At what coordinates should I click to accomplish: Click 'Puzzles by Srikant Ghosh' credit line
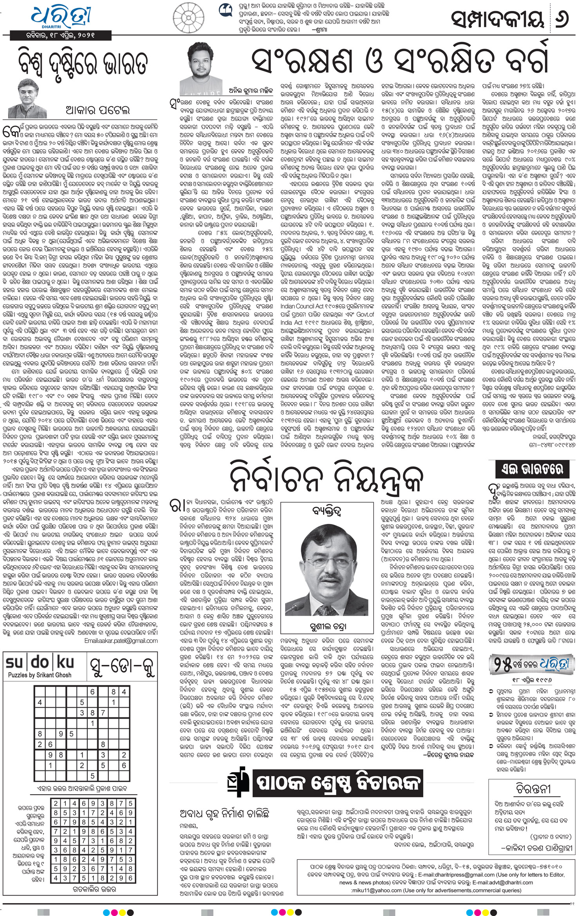coord(40,675)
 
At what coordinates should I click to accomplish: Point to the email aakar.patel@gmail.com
coord(121,641)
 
